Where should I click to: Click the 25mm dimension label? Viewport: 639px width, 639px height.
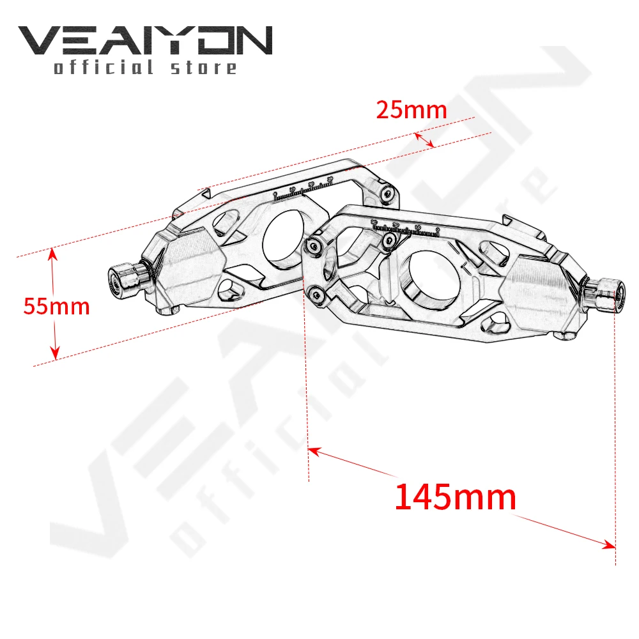411,110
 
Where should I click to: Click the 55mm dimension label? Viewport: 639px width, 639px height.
56,307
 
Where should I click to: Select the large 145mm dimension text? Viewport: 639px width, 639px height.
455,497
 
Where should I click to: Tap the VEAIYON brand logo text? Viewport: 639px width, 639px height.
145,42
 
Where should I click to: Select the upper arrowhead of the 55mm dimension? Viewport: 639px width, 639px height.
54,253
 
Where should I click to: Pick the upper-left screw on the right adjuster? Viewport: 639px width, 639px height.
313,245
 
